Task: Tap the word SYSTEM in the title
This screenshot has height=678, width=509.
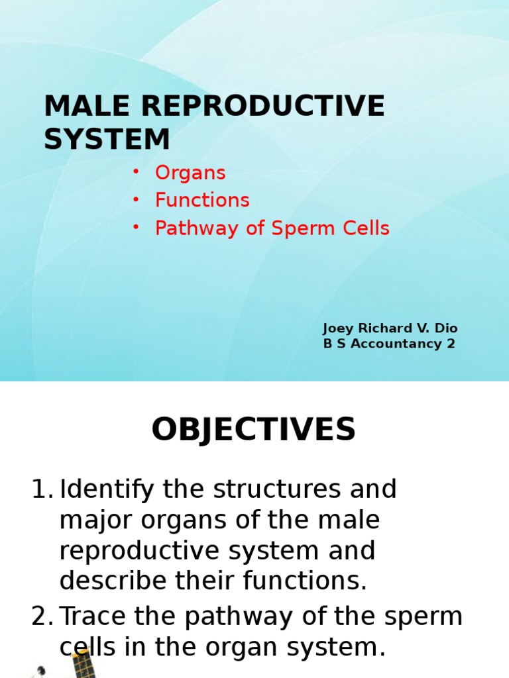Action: pos(107,139)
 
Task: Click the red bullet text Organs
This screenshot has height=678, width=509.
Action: pos(190,173)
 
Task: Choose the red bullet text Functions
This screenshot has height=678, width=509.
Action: pos(202,201)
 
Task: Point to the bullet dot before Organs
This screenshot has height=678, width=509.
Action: pos(136,171)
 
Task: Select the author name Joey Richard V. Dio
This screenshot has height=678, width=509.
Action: pos(390,328)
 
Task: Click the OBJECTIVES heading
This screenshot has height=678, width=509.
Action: pos(254,430)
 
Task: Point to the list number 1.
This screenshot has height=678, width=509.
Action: pos(41,491)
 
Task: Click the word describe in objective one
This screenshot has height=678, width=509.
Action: pos(113,581)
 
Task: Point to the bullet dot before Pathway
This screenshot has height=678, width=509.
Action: pos(136,226)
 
